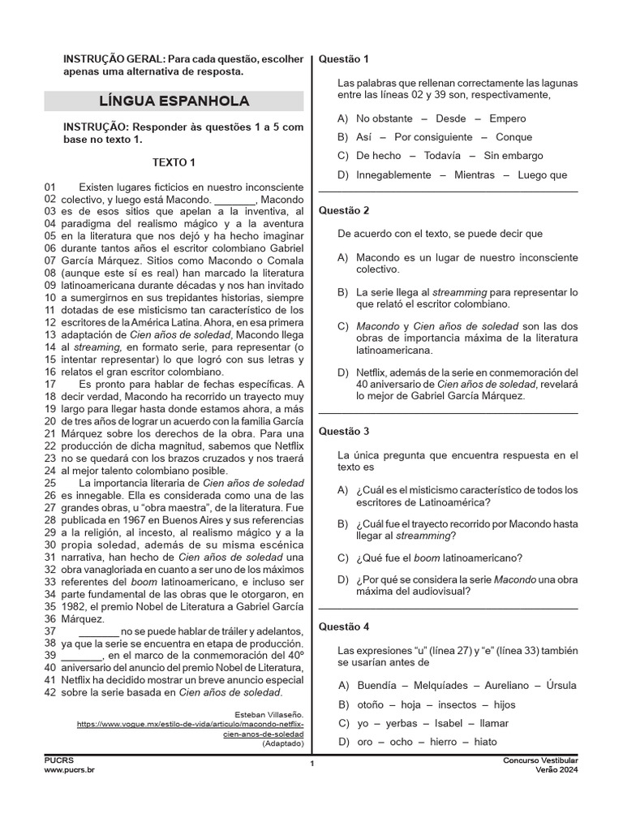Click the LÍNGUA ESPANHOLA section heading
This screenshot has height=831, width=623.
174,101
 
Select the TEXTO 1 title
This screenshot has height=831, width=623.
174,162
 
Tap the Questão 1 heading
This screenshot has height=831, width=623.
344,58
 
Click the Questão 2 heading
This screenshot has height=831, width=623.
344,210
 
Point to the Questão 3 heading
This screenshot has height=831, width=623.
344,431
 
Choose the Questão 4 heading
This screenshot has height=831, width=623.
344,626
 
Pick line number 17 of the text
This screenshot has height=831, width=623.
50,384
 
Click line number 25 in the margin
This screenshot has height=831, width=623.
50,483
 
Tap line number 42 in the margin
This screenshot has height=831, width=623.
50,692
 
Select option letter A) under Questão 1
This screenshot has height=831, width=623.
343,118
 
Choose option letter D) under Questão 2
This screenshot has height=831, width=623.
343,372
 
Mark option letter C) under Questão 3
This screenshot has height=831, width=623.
343,558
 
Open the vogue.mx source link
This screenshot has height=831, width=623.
190,728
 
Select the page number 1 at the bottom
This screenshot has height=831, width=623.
311,764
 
